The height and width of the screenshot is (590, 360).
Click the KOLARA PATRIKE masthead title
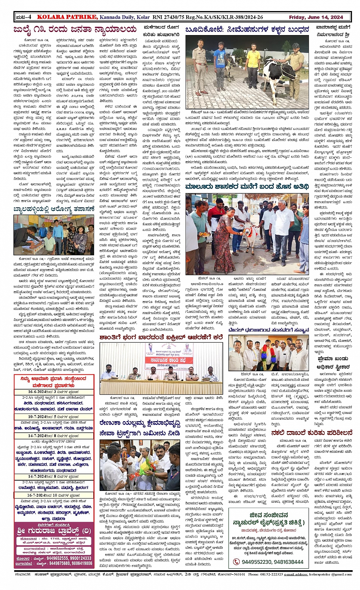pyautogui.click(x=63, y=17)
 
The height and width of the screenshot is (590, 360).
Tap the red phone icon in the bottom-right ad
pyautogui.click(x=237, y=561)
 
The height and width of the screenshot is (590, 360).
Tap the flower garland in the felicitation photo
pyautogui.click(x=267, y=356)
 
